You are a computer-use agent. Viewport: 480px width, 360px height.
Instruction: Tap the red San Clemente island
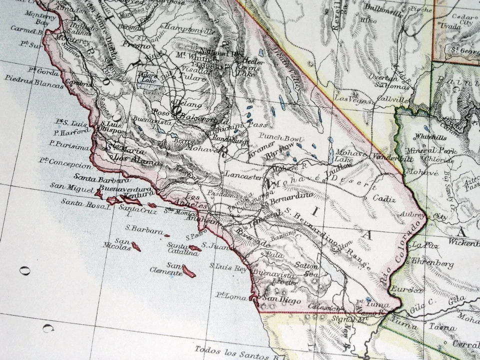point(188,271)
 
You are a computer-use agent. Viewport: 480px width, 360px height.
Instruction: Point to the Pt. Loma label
point(231,296)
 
